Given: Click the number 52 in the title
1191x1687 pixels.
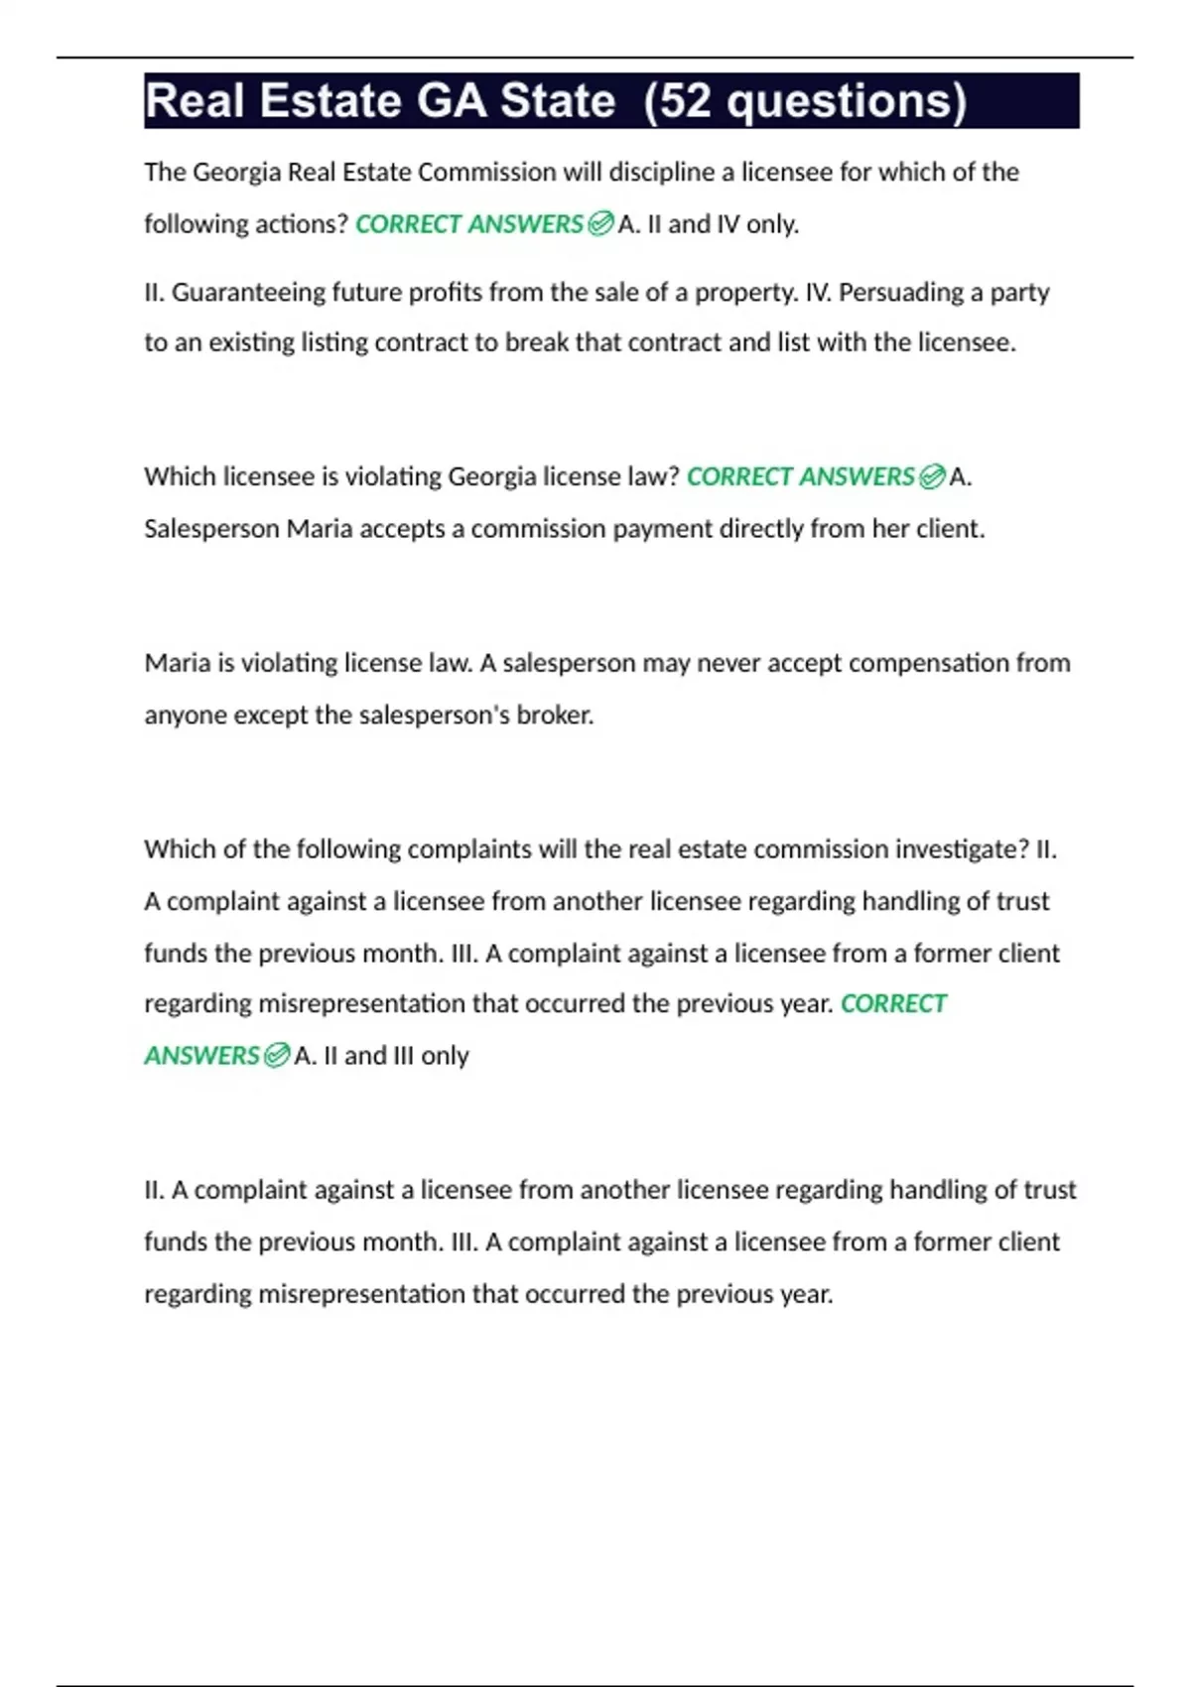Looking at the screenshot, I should (685, 101).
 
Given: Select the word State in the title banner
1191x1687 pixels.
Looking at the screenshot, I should (558, 101).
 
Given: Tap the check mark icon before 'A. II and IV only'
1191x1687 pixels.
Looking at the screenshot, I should (600, 224).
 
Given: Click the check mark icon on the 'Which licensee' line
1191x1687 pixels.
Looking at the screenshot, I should (932, 477).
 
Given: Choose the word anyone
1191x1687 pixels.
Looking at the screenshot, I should (186, 715).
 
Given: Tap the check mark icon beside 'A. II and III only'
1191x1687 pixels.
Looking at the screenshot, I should (277, 1055).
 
